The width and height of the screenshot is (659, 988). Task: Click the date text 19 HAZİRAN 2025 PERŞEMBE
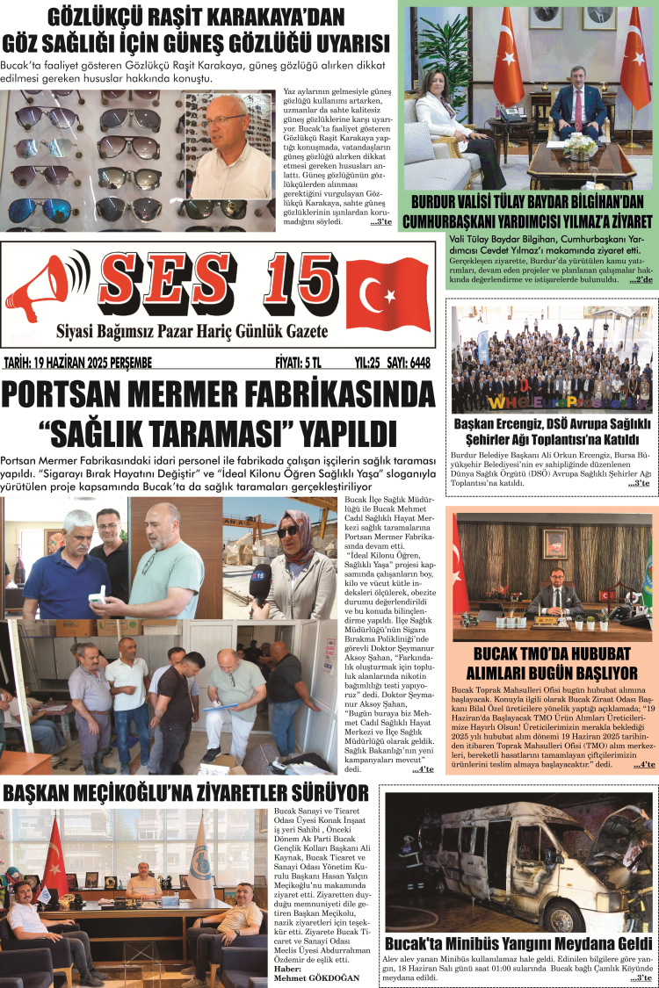(x=78, y=362)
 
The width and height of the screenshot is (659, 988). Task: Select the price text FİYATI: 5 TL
(x=299, y=362)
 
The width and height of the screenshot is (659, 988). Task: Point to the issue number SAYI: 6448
(x=409, y=362)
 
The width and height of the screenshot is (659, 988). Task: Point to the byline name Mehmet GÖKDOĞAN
(x=316, y=977)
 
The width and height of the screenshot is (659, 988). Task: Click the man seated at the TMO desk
(x=554, y=596)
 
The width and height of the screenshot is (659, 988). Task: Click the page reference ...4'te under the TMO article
(x=643, y=766)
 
